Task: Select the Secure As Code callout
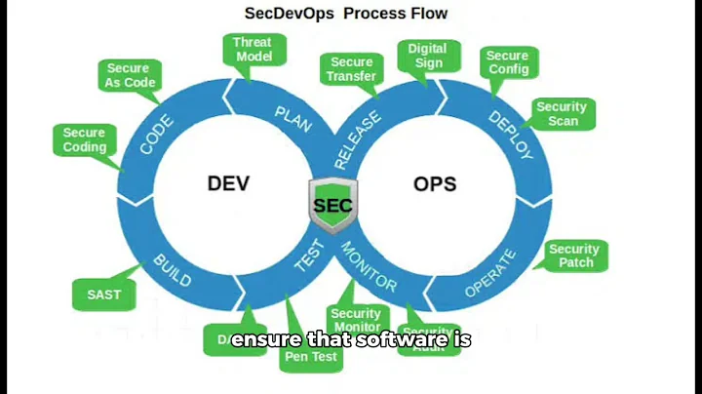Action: [129, 75]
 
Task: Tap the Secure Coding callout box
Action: [84, 139]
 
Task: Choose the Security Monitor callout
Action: [356, 319]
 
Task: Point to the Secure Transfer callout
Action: [351, 68]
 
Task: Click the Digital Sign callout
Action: [427, 56]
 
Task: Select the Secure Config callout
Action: [508, 62]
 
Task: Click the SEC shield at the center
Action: [332, 205]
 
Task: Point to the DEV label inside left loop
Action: [229, 183]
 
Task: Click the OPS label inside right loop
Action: [435, 183]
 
